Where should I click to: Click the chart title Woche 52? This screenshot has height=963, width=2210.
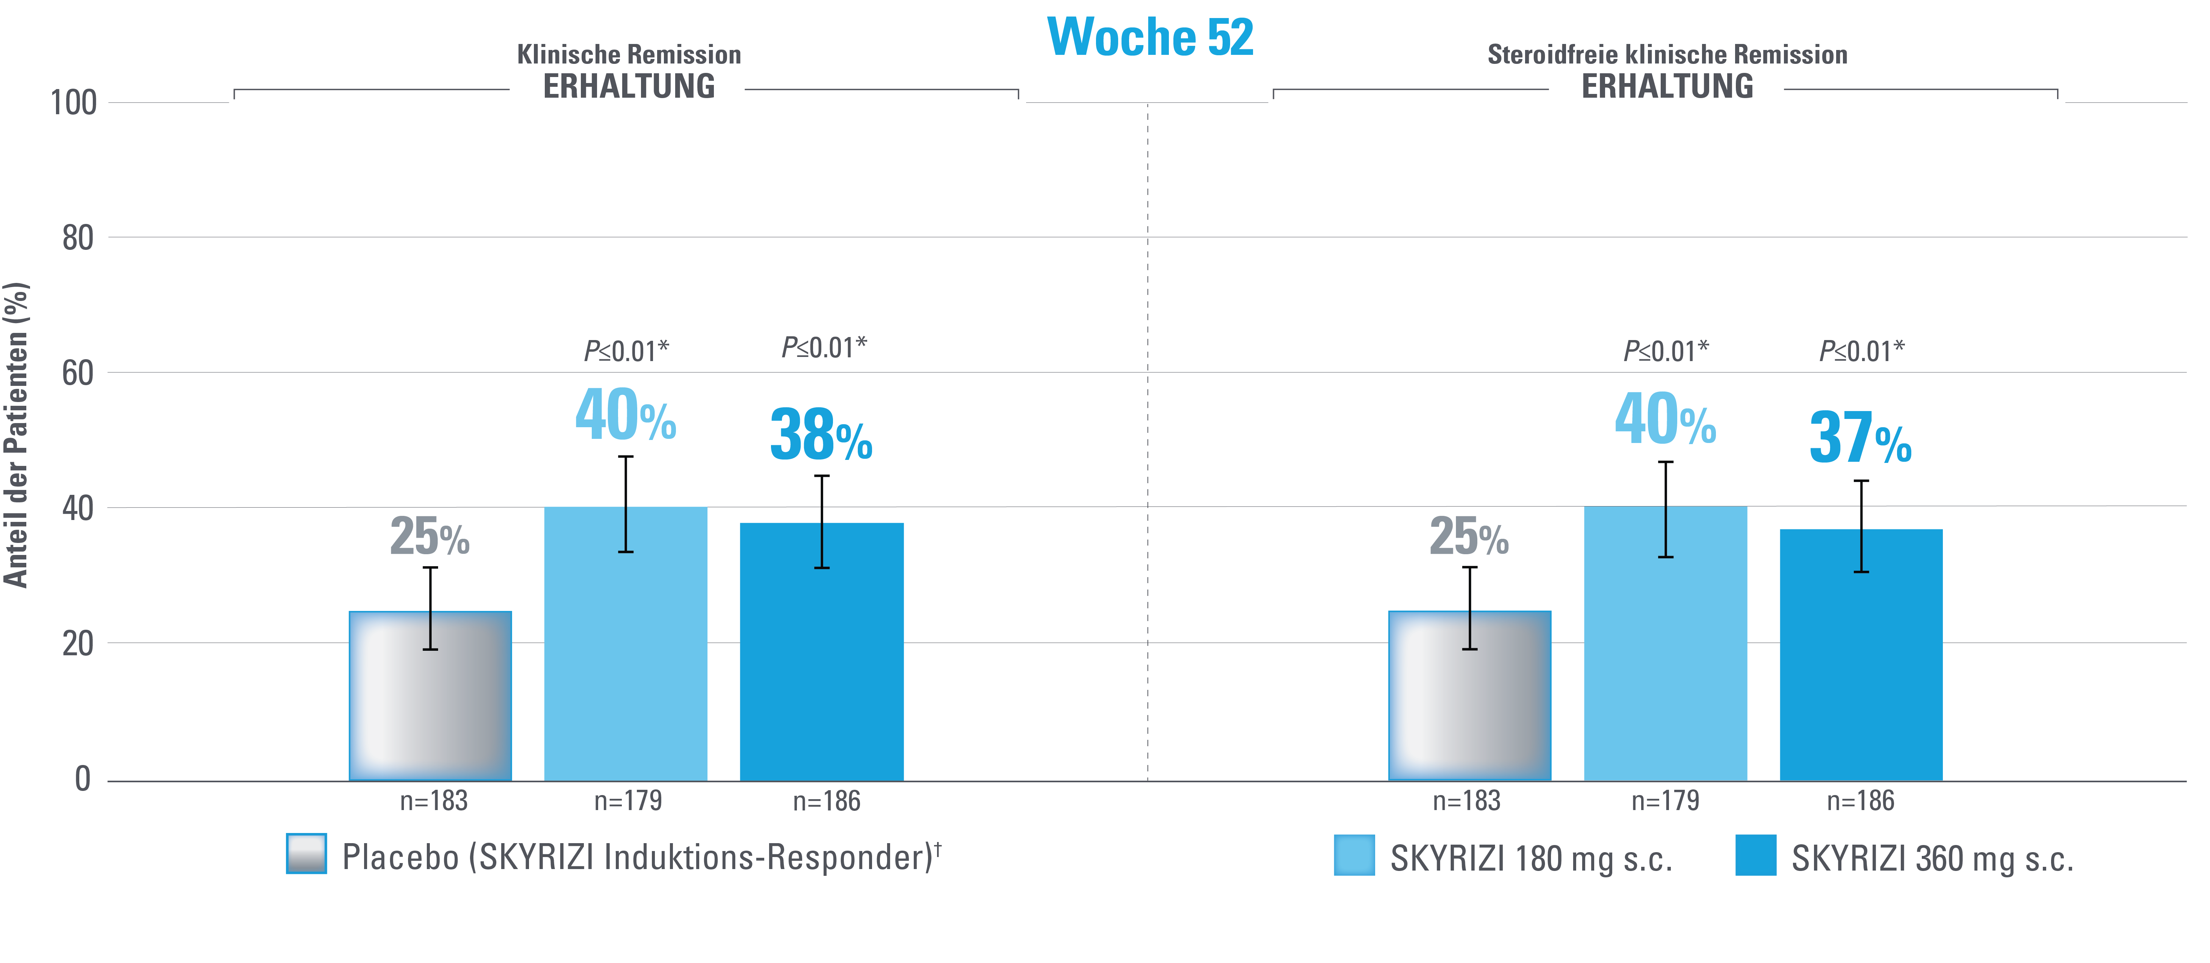1150,38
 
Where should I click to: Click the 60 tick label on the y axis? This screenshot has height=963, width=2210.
77,373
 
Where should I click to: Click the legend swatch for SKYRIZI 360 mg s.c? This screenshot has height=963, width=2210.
1755,855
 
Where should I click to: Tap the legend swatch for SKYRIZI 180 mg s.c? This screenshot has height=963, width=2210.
1354,855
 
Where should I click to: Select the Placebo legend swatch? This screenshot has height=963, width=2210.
306,853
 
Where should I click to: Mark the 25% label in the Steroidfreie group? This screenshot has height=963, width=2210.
1469,537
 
